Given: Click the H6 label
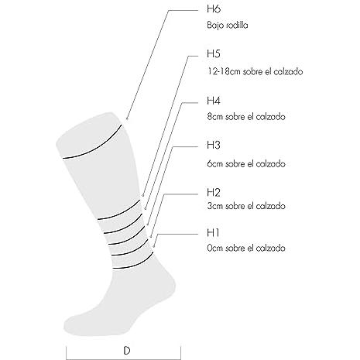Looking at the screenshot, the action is click(214, 9).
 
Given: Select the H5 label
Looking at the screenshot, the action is click(214, 53).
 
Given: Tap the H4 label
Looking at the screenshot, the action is click(214, 101).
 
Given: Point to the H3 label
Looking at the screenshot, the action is click(214, 145).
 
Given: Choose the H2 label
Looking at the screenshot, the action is click(214, 192).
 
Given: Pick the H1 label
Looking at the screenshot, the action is click(213, 232).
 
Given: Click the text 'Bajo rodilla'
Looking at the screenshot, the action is click(228, 26).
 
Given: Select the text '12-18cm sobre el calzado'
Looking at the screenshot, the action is click(255, 71).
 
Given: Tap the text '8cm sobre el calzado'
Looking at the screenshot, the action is click(246, 117).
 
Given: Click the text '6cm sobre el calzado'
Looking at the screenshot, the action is click(246, 164).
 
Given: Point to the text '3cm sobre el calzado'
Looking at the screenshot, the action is click(246, 206).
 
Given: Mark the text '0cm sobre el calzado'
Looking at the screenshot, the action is click(246, 249).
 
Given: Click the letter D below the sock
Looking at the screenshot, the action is click(127, 351).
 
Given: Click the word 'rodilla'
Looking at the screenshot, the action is click(237, 26).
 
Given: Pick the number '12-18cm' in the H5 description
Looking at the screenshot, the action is click(224, 71).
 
